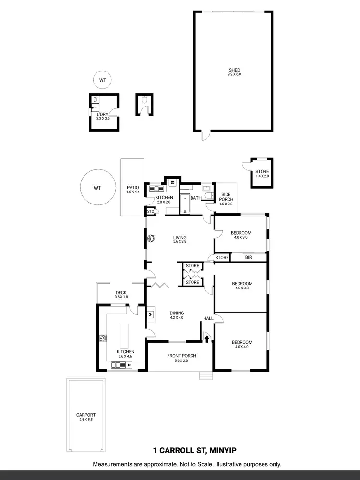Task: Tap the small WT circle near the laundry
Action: tap(102, 80)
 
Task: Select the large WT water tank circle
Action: tap(97, 187)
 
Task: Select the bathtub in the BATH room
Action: tap(185, 204)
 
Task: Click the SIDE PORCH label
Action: tap(226, 197)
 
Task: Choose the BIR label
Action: tap(248, 258)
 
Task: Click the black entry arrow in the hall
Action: tap(207, 338)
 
